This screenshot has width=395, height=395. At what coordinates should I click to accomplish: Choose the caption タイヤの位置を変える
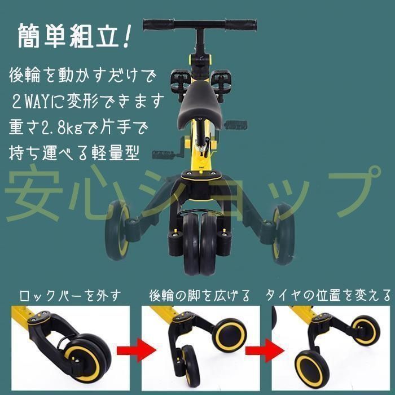[x=328, y=296]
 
